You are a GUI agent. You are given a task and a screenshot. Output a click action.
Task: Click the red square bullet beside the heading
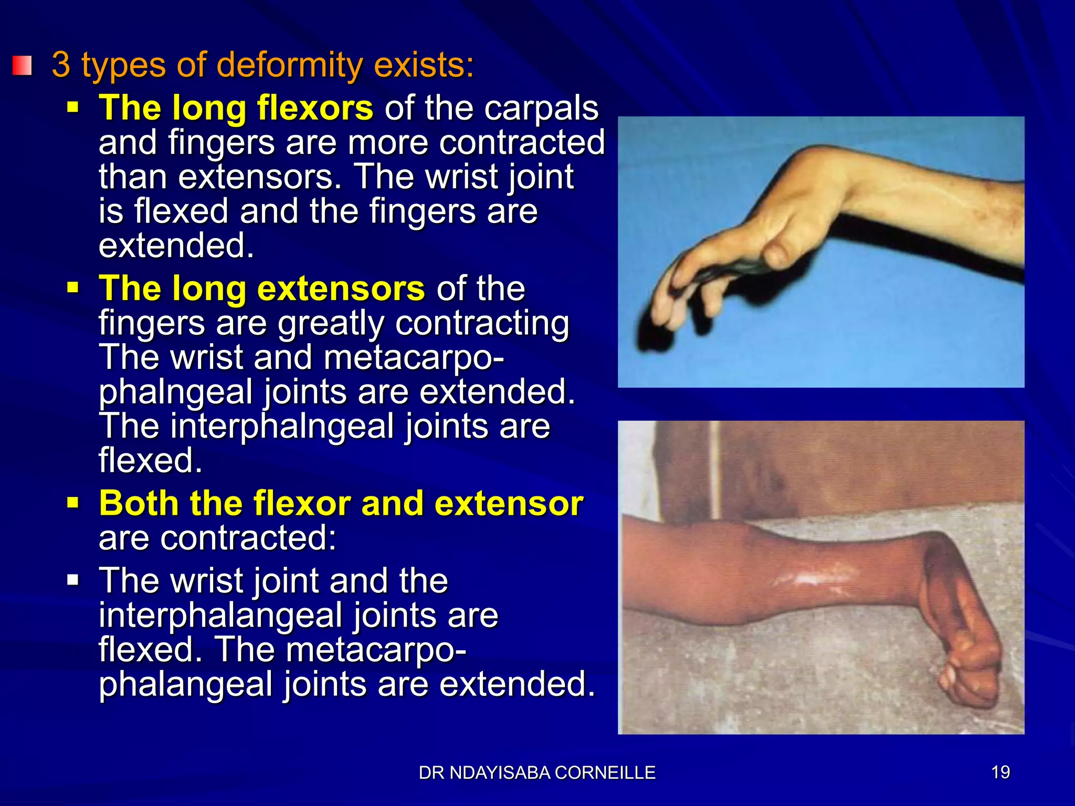pos(22,66)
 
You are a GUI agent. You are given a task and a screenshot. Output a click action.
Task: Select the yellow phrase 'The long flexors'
pos(236,108)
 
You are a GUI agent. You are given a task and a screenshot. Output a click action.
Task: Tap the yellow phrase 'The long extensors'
pos(262,289)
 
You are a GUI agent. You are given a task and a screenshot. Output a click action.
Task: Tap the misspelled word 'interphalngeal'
pos(282,426)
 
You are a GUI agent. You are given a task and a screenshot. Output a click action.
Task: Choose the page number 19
pos(1000,772)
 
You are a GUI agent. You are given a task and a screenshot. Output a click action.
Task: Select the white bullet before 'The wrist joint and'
pos(73,580)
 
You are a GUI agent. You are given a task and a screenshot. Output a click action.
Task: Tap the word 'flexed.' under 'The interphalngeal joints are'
pos(150,461)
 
